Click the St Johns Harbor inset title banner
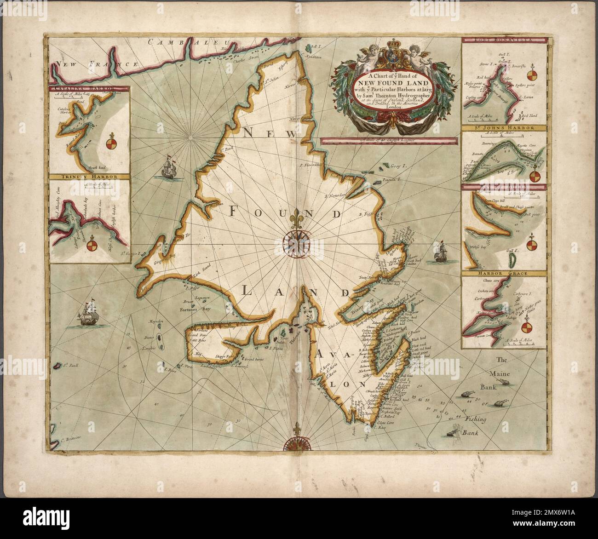504,128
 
